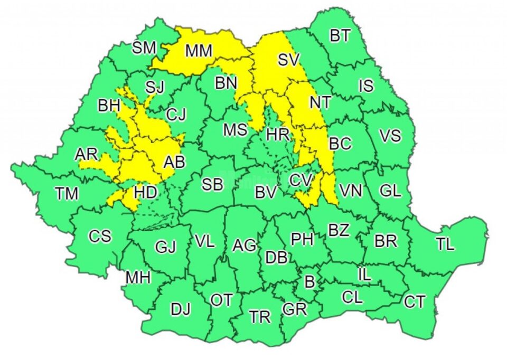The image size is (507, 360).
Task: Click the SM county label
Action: (144, 48)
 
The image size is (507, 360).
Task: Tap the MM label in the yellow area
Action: (199, 51)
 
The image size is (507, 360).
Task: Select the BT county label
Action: (340, 36)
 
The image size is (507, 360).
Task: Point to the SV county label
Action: (289, 60)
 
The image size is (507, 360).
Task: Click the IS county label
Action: (366, 86)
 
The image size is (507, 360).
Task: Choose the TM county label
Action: (67, 194)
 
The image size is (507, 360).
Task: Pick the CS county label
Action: (100, 236)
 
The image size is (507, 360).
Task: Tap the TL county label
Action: (445, 244)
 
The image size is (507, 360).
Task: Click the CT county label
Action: (415, 302)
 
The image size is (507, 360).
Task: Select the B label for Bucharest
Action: (310, 282)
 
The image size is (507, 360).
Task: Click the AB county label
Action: (174, 162)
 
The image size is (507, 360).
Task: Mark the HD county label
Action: (145, 193)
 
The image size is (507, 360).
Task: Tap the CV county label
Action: (302, 181)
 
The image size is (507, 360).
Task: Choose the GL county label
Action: (390, 191)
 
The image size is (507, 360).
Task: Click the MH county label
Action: (138, 277)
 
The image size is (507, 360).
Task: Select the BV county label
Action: (266, 193)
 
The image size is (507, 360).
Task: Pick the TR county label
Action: (260, 317)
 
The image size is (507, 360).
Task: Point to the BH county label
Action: (109, 106)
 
